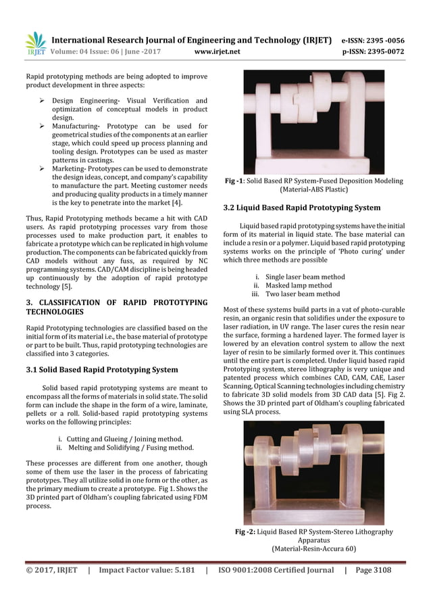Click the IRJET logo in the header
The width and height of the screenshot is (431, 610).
click(35, 43)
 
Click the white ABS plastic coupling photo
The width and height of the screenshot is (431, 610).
click(313, 122)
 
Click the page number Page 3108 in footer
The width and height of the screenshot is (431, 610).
click(372, 569)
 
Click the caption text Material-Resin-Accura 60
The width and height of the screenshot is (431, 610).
click(313, 548)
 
